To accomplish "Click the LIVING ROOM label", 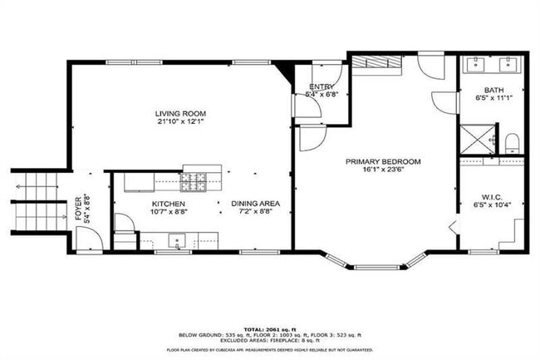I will click(x=180, y=113).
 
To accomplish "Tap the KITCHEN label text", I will click(x=168, y=204).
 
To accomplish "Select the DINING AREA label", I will click(x=255, y=204).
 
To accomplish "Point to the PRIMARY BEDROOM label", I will click(x=383, y=161).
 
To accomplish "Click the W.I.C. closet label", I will click(x=493, y=196).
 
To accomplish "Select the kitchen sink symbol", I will click(x=177, y=242).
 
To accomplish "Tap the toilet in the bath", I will click(x=511, y=142).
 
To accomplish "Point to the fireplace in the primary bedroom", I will click(x=375, y=63).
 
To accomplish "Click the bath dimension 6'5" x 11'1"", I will click(x=493, y=98).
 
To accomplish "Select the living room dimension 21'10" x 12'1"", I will click(x=180, y=121).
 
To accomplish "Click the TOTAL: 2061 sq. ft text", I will click(x=269, y=329).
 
